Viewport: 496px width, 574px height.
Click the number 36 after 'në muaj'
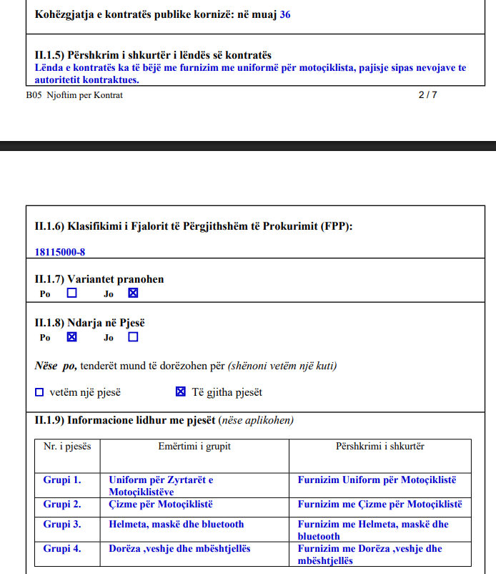pos(285,14)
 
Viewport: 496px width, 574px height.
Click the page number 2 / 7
pos(427,95)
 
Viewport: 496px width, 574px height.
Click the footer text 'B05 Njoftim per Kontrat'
pos(74,95)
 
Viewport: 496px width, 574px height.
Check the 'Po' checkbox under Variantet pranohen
pos(71,293)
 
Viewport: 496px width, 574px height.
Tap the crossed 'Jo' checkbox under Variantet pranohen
pos(133,293)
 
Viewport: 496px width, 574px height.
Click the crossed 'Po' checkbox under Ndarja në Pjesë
pos(71,337)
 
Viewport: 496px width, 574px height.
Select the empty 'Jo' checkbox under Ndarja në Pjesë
pos(133,337)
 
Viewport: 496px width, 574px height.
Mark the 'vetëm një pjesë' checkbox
pos(39,392)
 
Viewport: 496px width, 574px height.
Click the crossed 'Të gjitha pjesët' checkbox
pos(180,392)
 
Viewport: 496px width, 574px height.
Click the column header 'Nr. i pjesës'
pos(67,447)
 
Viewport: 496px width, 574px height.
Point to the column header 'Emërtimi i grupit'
pos(194,447)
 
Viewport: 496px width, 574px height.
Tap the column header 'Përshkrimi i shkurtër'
pos(380,447)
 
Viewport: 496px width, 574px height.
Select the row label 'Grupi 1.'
pos(62,480)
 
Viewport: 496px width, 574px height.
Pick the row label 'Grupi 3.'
pos(62,525)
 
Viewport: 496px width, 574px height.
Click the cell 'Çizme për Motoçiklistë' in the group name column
pos(161,505)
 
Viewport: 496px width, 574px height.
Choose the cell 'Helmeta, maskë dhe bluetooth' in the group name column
pos(176,525)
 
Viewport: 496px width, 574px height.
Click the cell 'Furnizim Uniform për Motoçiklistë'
pos(377,480)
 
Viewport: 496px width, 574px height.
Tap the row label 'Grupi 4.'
pos(62,549)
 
